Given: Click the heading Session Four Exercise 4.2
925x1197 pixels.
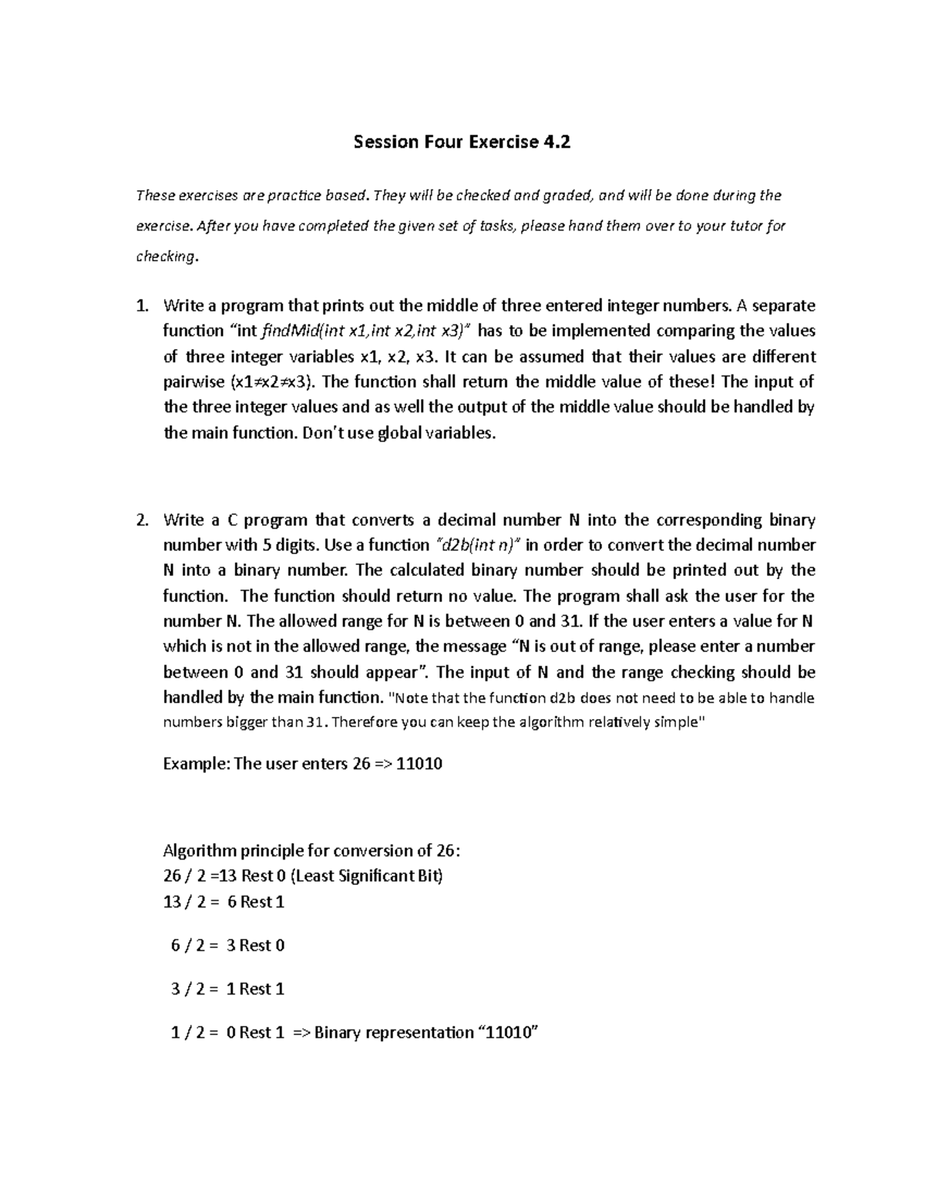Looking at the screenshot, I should [462, 142].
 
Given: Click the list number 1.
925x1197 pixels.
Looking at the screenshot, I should [140, 306].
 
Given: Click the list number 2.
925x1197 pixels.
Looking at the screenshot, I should [140, 519].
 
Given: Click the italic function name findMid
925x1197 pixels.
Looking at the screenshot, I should [284, 331].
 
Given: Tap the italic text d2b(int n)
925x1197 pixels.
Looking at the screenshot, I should [479, 545].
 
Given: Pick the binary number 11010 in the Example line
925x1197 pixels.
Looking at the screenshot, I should [419, 765].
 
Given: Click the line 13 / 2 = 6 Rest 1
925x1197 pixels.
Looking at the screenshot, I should [224, 902].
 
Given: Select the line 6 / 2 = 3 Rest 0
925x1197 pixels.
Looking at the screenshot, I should [227, 945].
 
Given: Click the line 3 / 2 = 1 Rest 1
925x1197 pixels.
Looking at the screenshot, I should [227, 989].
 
